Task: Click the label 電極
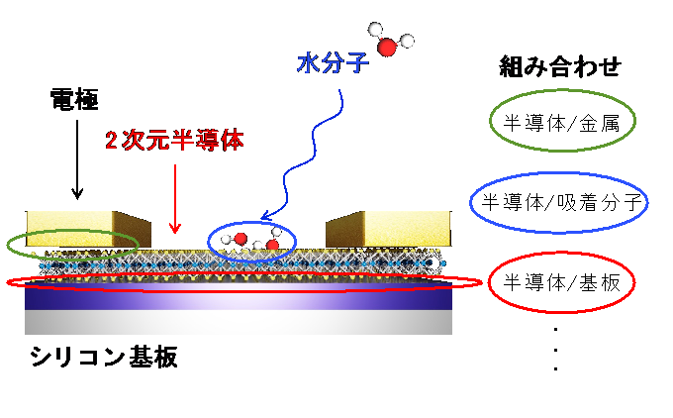point(74,99)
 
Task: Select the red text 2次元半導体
point(175,140)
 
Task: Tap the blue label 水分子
point(334,63)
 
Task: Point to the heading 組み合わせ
point(560,66)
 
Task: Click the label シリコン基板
point(104,357)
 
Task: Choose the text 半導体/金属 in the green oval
point(562,124)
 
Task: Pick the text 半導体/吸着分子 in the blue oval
point(562,202)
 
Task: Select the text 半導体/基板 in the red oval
point(562,282)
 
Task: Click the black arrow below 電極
point(77,159)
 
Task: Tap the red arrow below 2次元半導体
point(175,199)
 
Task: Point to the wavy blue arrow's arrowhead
point(267,215)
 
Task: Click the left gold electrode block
point(88,229)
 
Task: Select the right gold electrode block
point(388,229)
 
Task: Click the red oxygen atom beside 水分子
point(387,47)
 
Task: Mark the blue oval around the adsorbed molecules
point(208,241)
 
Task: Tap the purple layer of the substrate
point(239,296)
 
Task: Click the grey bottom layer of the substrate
point(239,322)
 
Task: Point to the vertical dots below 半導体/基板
point(556,349)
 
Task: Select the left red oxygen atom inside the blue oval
point(240,238)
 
